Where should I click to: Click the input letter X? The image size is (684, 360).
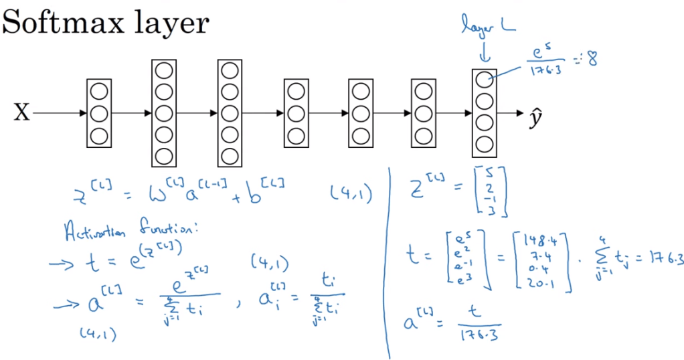[x=22, y=114]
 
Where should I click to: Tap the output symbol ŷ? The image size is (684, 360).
[x=535, y=115]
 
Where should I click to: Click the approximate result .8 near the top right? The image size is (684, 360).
[x=591, y=60]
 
